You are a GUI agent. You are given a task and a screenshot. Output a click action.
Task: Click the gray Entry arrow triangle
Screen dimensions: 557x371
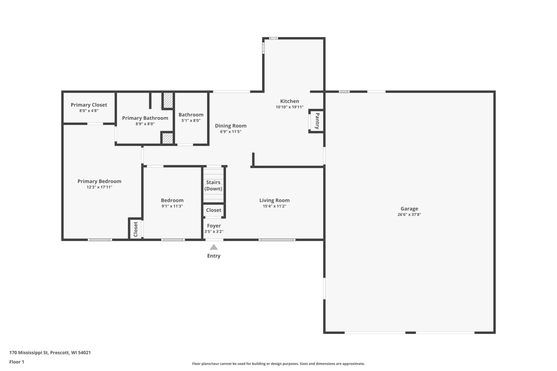coord(214,247)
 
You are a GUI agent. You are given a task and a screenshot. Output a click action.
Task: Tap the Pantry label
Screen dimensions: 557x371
coord(317,121)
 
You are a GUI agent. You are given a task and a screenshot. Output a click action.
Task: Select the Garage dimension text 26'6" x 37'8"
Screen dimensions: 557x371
coord(409,214)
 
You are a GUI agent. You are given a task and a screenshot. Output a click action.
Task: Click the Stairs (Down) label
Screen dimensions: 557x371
coord(213,185)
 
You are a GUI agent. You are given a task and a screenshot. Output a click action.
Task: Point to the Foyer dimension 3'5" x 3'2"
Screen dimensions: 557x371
coord(214,232)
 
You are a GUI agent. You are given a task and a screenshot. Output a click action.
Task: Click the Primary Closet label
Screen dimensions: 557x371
coord(89,105)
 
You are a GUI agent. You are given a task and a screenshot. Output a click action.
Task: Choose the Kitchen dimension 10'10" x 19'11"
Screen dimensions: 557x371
coord(289,107)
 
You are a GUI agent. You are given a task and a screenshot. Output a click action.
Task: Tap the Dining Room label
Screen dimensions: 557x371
coord(231,126)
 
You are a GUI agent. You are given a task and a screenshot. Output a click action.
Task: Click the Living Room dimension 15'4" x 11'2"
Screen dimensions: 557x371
coord(274,206)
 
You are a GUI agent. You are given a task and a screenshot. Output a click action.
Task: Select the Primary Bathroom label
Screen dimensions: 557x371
coord(145,118)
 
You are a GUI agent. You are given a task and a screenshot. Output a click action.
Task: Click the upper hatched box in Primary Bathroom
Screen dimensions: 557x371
coord(168,100)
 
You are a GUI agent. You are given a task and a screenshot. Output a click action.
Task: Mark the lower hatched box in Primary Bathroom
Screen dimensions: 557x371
coord(168,138)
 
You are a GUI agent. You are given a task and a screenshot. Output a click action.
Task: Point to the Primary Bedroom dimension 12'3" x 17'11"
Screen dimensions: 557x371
coord(99,187)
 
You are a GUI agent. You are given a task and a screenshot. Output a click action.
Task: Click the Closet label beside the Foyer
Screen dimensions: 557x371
coord(214,210)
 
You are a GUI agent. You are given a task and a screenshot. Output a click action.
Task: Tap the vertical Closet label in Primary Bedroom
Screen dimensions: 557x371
coord(136,229)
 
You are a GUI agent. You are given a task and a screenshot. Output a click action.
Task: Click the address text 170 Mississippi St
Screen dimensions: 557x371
coord(29,353)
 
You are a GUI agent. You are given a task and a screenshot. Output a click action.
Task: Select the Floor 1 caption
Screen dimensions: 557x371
coord(17,362)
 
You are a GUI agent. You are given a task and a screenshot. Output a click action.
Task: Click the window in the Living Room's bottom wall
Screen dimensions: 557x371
coord(277,240)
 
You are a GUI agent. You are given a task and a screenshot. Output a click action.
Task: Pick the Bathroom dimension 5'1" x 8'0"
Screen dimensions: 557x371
coord(191,120)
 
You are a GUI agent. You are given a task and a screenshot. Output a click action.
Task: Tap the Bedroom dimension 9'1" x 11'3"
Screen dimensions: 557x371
coord(172,206)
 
